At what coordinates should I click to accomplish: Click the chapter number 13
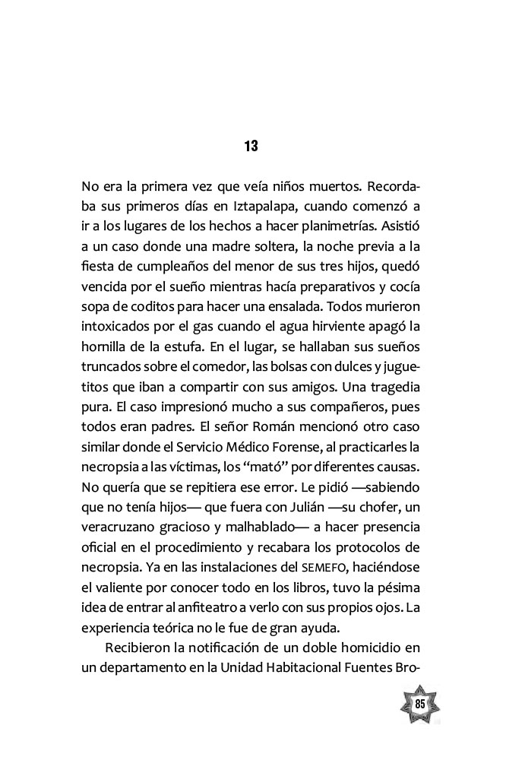(252, 146)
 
